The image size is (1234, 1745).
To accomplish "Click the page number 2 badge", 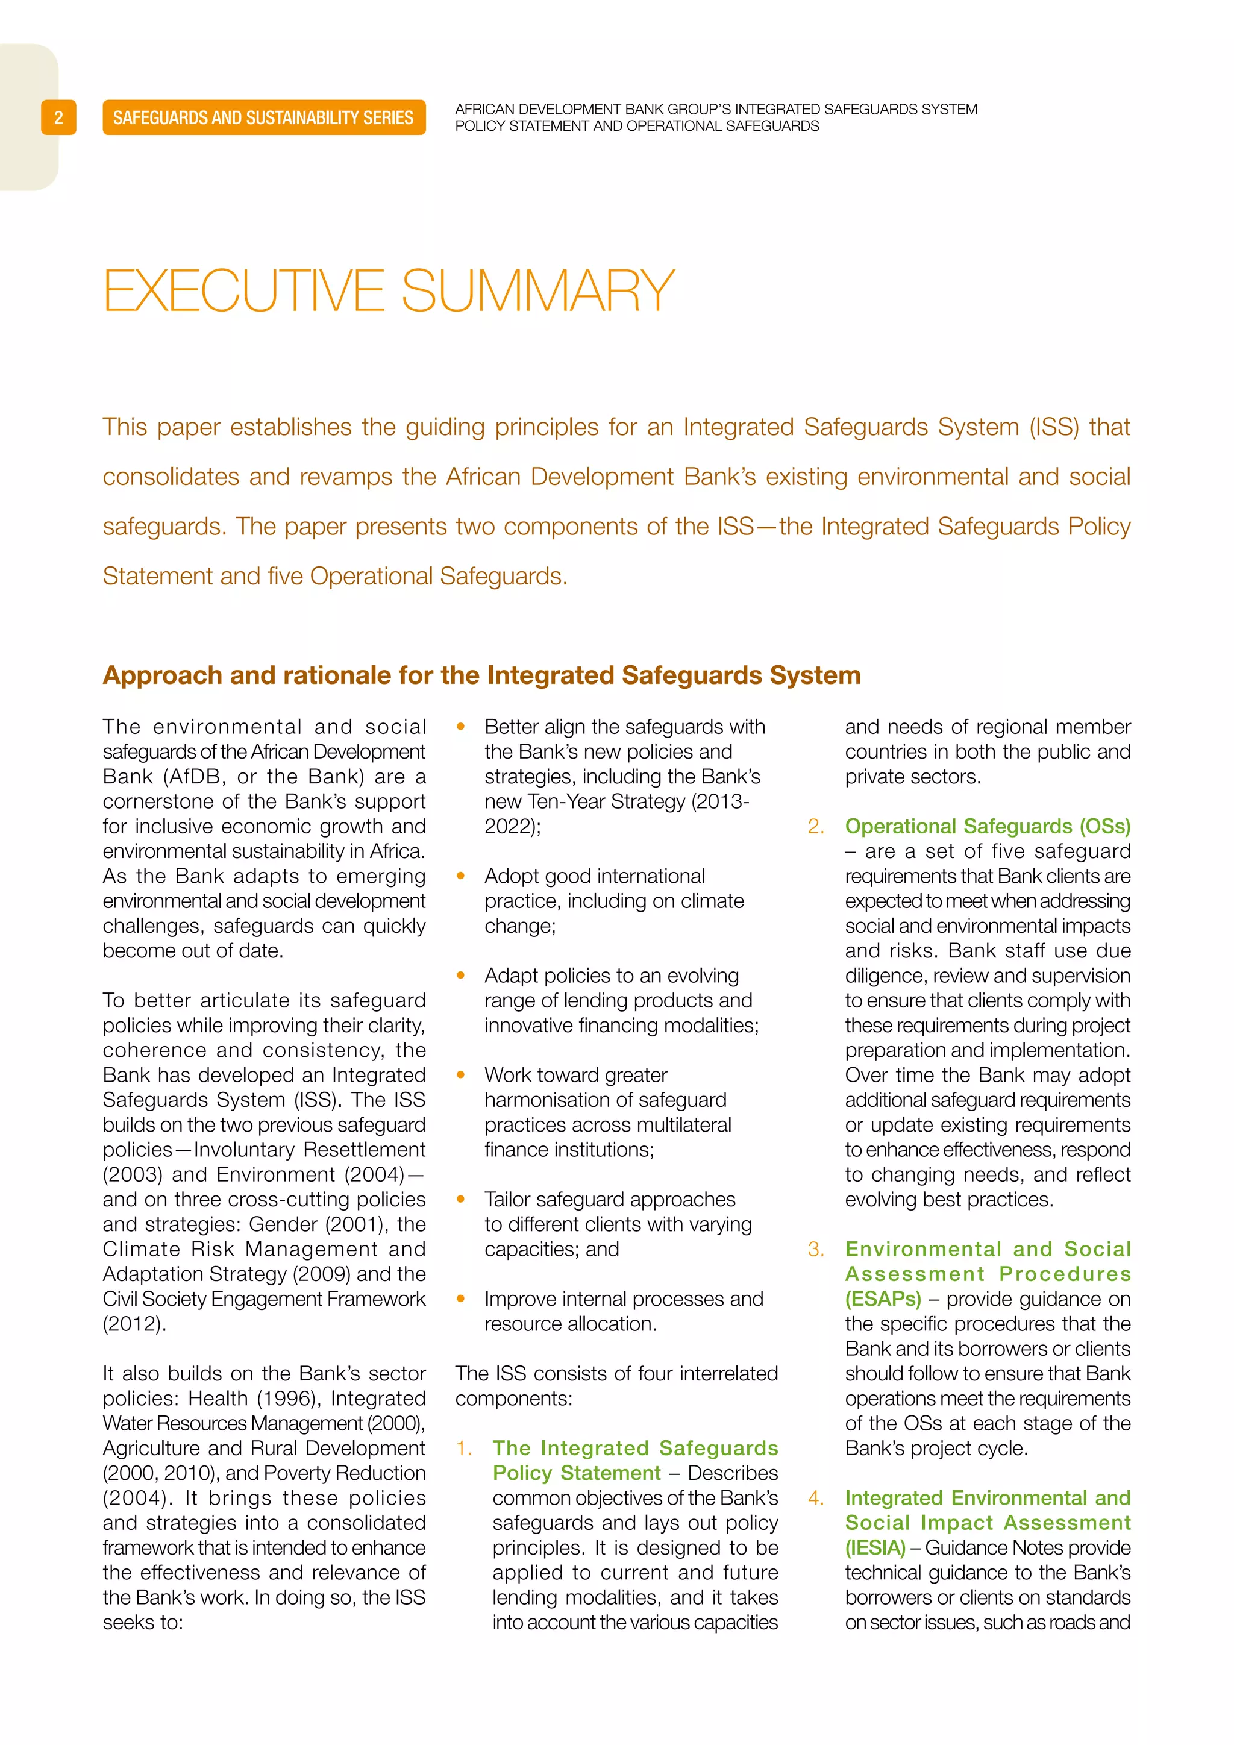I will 58,118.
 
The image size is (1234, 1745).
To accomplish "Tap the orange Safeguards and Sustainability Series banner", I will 264,118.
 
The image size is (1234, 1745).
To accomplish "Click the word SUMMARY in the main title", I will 537,290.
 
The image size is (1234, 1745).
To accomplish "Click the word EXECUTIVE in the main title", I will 243,290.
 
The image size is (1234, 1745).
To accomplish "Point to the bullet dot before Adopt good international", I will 460,876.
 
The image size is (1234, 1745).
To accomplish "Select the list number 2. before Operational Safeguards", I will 816,827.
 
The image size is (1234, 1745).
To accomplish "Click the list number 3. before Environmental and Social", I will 816,1250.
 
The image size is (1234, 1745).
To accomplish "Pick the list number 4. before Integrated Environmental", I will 816,1498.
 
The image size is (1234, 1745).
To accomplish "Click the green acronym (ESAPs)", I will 883,1299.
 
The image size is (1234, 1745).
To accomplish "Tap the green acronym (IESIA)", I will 875,1547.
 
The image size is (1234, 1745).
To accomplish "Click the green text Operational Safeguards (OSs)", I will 987,826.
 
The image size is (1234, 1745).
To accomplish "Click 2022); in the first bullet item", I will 513,826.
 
